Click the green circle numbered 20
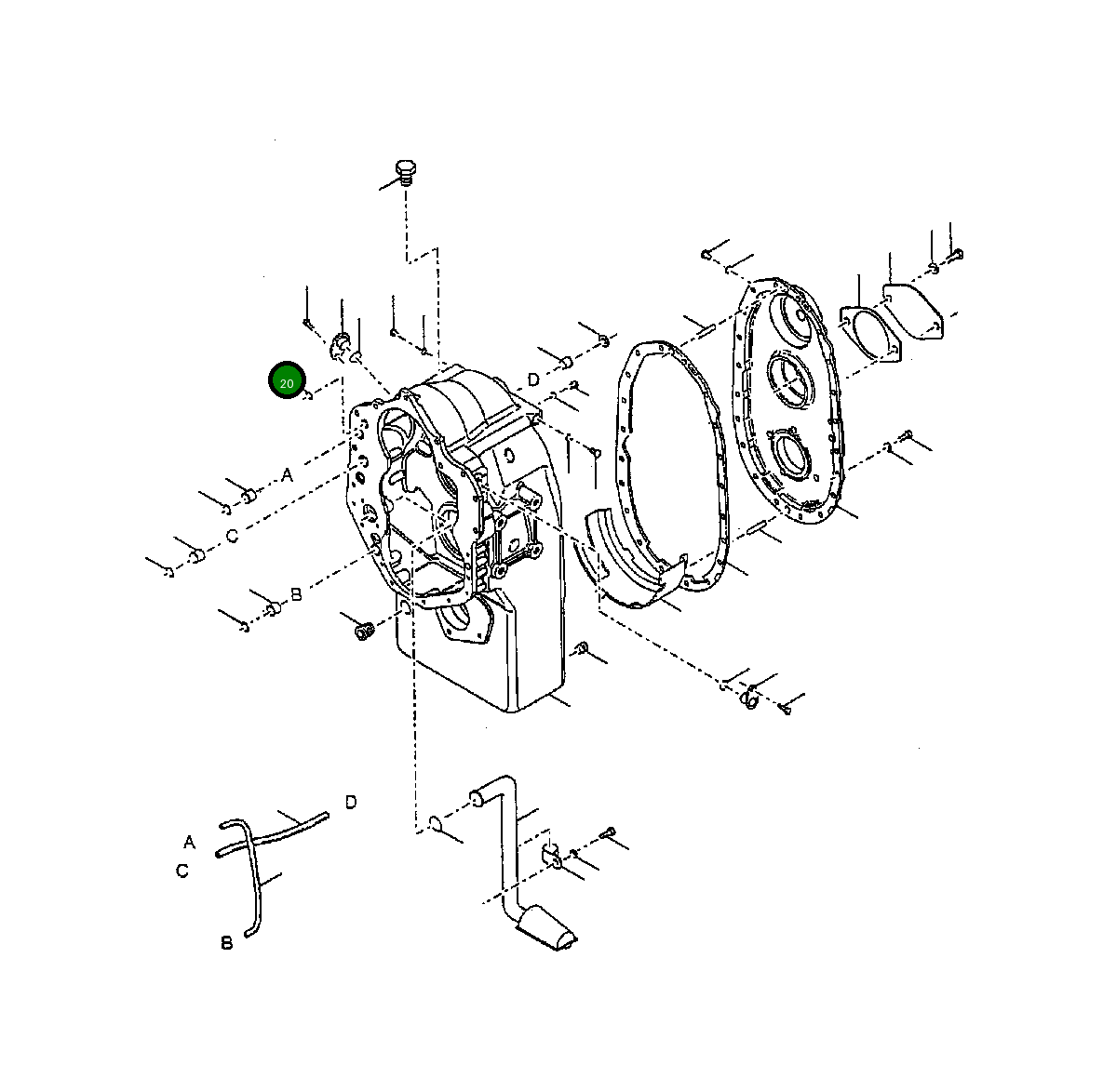point(287,382)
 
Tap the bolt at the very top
point(405,173)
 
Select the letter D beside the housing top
point(533,379)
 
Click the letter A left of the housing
point(287,475)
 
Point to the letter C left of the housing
point(233,536)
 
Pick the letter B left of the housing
point(296,593)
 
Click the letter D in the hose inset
point(351,802)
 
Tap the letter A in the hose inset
point(190,842)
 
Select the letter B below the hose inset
point(226,943)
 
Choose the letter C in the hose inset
point(182,871)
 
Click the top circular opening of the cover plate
point(793,317)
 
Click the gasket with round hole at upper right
point(872,333)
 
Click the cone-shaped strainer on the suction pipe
point(549,928)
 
